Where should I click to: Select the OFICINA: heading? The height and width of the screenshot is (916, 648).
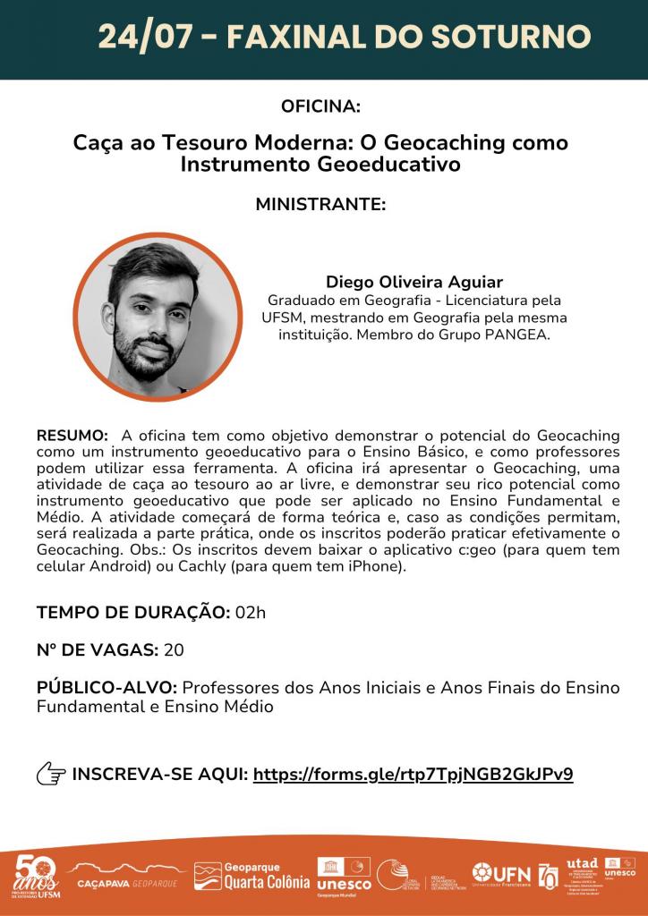coord(320,106)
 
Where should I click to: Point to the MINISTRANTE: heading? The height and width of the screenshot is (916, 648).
coord(320,204)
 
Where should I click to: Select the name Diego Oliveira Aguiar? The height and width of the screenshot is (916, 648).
coord(414,282)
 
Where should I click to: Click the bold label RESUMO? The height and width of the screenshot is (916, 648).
coord(72,435)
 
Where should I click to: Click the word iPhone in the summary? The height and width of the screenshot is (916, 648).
coord(379,567)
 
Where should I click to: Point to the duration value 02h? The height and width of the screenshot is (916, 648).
coord(251,613)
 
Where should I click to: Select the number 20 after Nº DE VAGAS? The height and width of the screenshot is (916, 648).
coord(174,649)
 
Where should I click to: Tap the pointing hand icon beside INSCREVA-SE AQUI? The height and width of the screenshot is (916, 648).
coord(51,775)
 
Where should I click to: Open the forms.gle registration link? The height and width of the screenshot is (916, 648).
coord(413,775)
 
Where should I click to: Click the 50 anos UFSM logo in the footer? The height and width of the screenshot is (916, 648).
coord(36,877)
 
